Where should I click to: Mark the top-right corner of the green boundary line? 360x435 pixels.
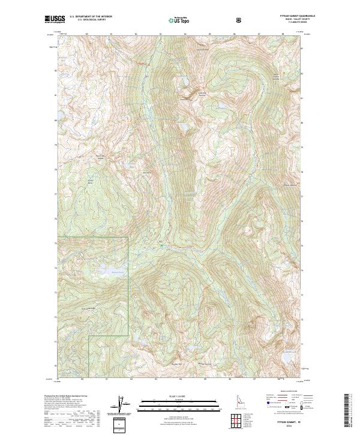[128, 238]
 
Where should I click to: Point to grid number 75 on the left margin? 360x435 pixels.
[56, 244]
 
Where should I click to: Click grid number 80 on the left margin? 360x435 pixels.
[56, 120]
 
